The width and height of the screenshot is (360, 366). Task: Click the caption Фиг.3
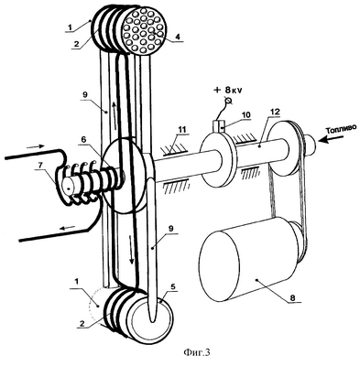coord(197,352)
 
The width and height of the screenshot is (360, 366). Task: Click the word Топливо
coord(341,129)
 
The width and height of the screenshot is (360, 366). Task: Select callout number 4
coord(178,37)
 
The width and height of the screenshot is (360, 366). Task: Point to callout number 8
coord(292,297)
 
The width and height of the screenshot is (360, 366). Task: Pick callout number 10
coord(246,115)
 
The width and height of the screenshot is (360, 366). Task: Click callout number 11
coord(181,129)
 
